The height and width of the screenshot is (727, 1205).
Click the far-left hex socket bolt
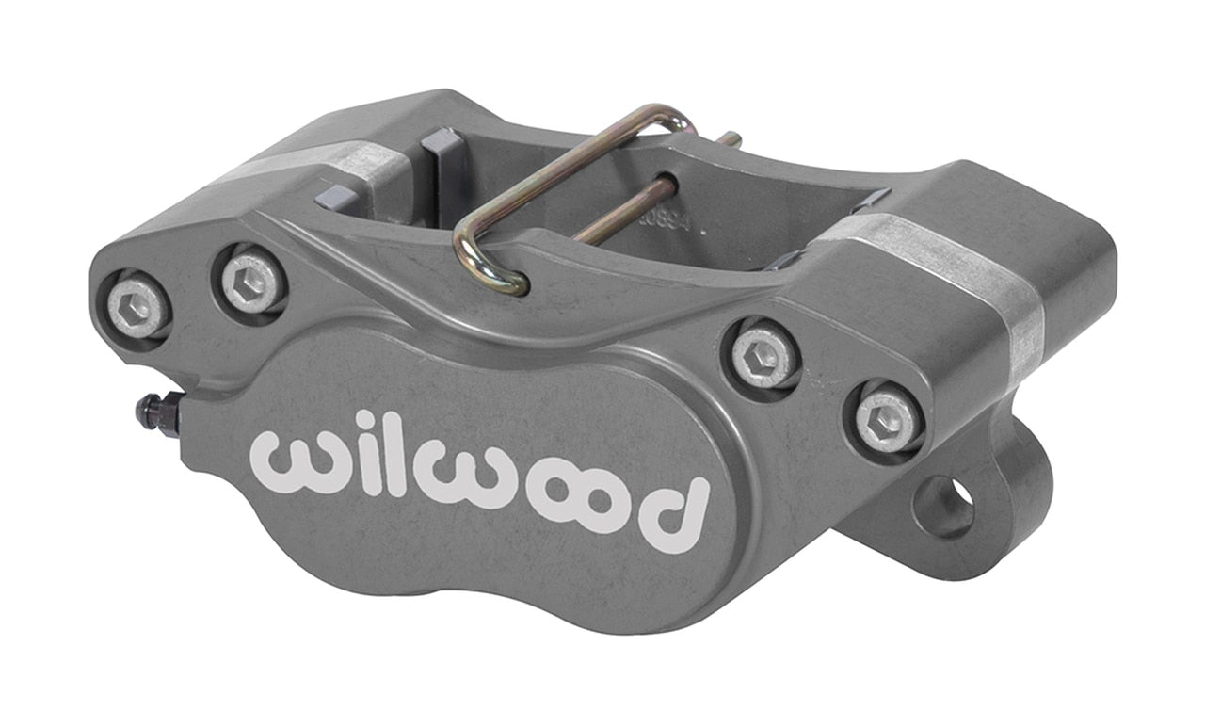(x=137, y=305)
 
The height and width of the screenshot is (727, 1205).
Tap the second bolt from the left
(x=252, y=281)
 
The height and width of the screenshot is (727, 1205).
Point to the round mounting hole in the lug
(x=945, y=506)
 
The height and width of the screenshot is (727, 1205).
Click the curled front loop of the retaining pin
(x=490, y=267)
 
